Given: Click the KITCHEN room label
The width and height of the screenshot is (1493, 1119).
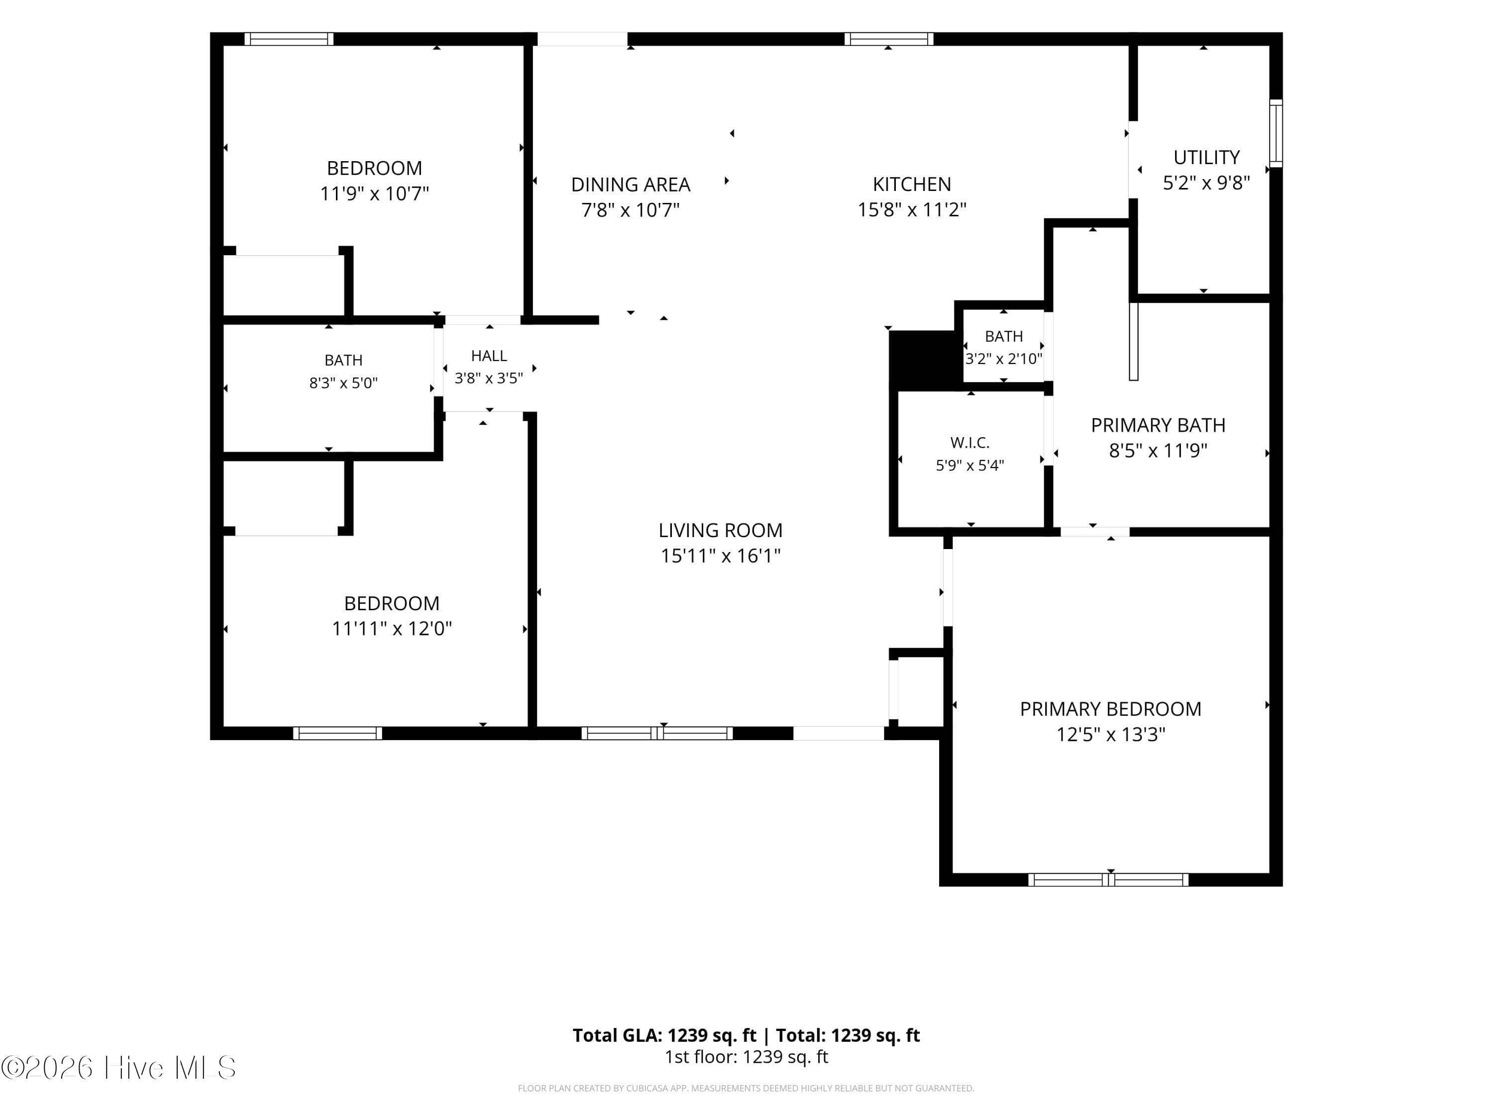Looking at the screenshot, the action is (x=912, y=184).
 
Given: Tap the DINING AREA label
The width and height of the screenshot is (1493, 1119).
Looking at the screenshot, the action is (x=631, y=184).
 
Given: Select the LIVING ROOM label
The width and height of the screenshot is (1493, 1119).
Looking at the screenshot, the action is (x=720, y=530).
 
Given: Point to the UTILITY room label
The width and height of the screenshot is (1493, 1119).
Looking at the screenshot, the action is (x=1206, y=157).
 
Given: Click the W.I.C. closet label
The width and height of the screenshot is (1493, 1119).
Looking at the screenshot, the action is (x=970, y=443).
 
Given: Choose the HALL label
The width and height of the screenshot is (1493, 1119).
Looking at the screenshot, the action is (x=489, y=356).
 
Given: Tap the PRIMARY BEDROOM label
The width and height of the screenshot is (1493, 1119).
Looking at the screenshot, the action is (x=1110, y=709).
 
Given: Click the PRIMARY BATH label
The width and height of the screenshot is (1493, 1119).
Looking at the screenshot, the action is (x=1158, y=425).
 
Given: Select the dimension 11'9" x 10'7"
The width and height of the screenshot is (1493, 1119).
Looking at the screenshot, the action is (x=375, y=193).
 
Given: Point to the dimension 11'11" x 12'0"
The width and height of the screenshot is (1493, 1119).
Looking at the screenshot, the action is (x=392, y=629).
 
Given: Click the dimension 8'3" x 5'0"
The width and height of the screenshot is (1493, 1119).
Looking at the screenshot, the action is (x=343, y=383).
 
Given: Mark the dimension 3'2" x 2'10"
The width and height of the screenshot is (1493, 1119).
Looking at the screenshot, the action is (x=1004, y=358).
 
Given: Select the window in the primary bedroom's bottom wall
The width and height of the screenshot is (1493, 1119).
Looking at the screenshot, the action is (x=1108, y=880).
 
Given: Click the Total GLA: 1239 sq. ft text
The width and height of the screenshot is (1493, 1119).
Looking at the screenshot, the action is (x=664, y=1035).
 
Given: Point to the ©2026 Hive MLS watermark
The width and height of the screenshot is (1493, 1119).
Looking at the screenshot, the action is (x=119, y=1068).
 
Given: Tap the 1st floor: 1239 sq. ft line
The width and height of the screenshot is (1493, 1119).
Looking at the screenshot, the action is (x=746, y=1057).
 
